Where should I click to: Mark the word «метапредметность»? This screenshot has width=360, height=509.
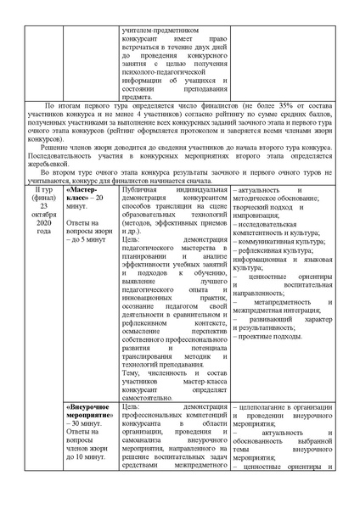pos(272,301)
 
